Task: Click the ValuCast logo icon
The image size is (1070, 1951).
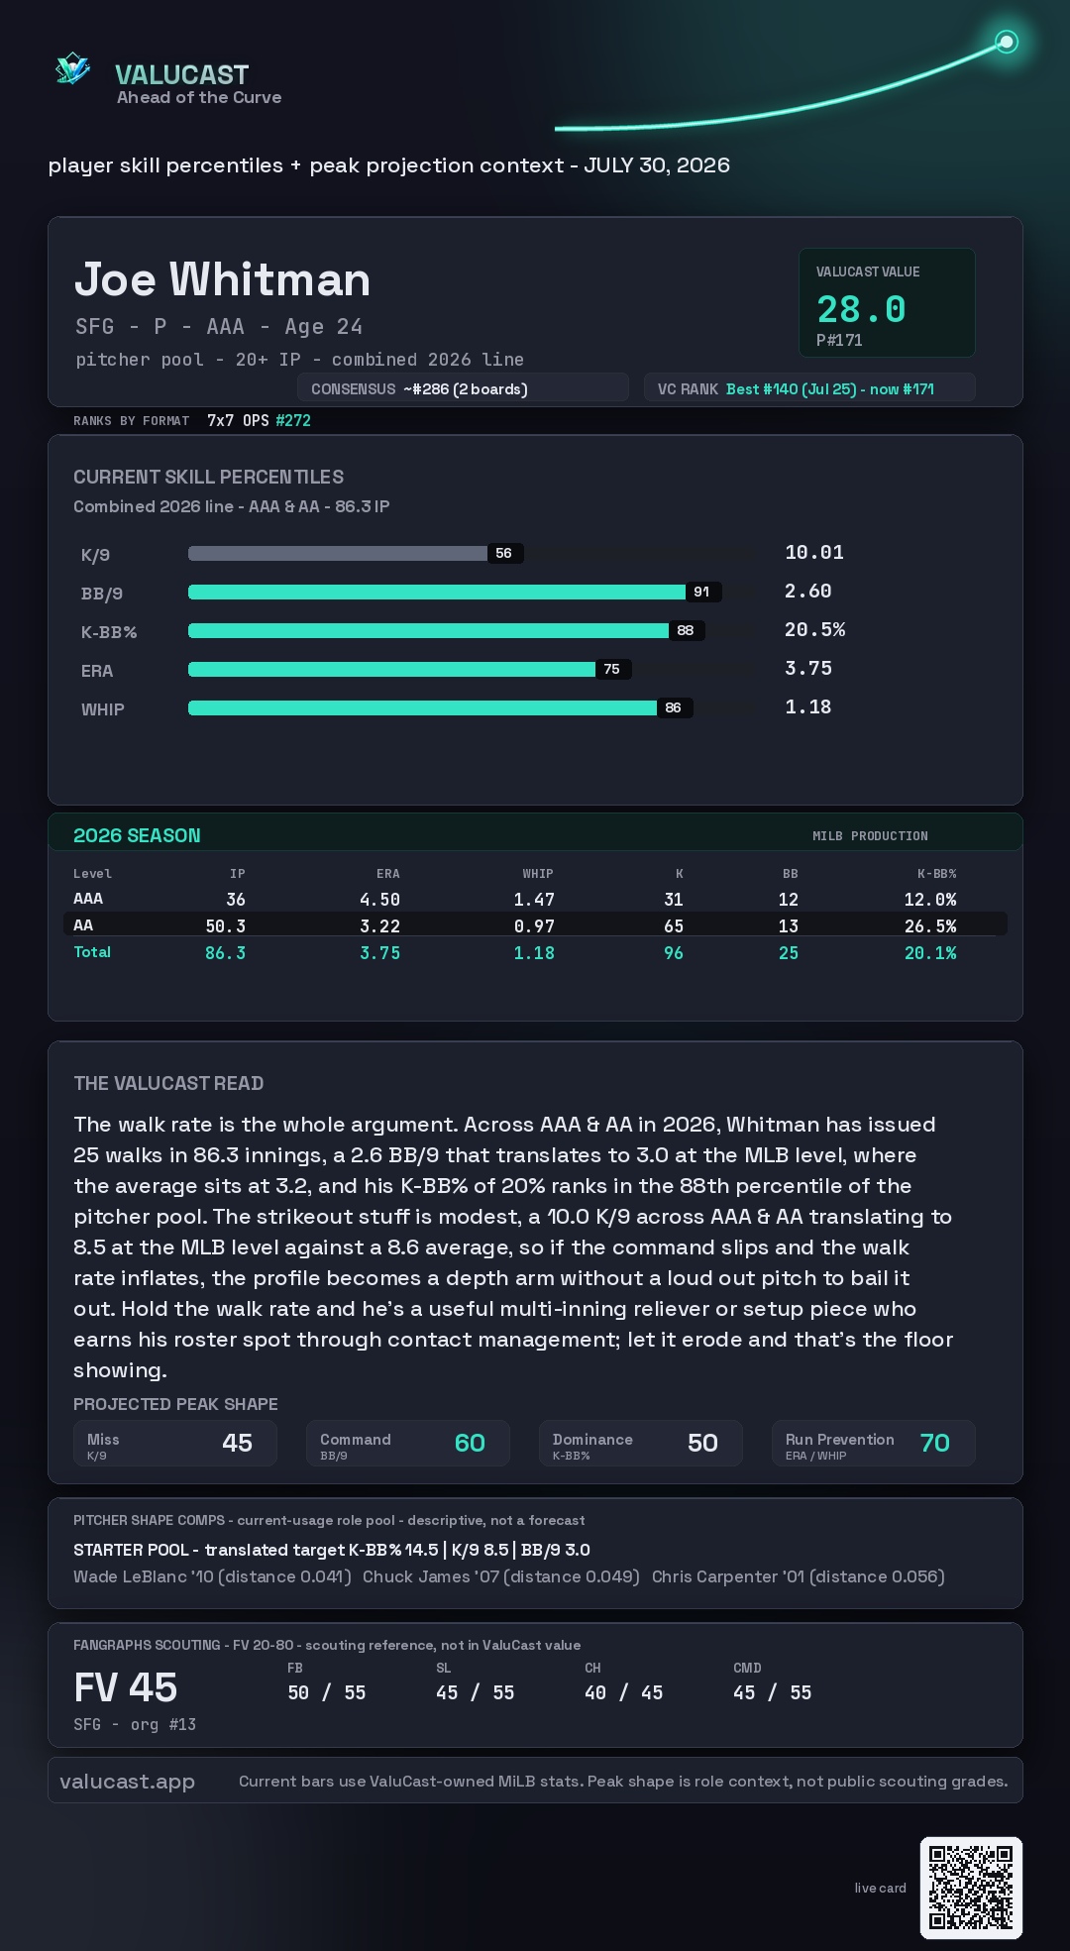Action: coord(72,69)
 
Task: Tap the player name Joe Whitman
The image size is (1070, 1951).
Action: coord(222,279)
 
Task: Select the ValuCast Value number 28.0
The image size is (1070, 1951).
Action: coord(861,309)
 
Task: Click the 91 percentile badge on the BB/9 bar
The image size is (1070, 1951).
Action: coord(701,592)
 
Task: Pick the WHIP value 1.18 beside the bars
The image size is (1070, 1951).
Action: coord(807,706)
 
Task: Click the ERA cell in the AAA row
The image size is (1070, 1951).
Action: coord(379,900)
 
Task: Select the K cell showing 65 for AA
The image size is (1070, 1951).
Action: coord(674,926)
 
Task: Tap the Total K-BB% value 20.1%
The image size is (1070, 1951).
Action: coord(930,953)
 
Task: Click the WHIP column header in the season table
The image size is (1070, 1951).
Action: coord(538,874)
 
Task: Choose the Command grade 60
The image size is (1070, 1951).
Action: coord(470,1443)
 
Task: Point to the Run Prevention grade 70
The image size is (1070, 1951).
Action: coord(934,1443)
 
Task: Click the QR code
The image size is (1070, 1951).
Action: coord(971,1888)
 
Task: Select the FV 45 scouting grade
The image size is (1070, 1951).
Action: coord(126,1687)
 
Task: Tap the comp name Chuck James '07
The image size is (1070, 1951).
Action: coord(431,1576)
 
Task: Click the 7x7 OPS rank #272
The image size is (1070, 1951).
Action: coord(293,420)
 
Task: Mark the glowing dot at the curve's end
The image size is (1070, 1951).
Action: coord(1007,42)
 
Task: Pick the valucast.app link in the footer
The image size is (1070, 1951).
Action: coord(127,1782)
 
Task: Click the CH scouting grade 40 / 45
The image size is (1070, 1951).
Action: coord(623,1693)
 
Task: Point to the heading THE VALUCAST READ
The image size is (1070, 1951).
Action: coord(168,1083)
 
